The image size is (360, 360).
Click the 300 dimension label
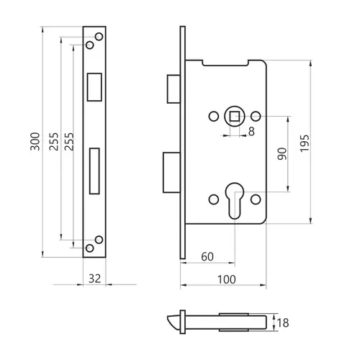coord(35,141)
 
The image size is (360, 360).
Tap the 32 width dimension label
coord(95,279)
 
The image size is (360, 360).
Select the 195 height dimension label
coord(305,143)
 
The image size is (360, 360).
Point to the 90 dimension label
coord(282,154)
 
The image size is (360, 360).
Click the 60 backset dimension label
coord(207,257)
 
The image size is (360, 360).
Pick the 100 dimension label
coord(227,279)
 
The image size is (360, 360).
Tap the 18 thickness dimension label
coord(283,323)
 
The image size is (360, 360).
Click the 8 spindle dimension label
coord(251,132)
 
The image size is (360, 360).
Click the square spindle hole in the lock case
coord(235,117)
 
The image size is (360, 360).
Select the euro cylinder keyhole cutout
coord(235,201)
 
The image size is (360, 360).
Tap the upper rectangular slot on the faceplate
coord(94,87)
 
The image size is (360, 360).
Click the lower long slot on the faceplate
coord(94,171)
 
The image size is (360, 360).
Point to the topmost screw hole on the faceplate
coord(99,37)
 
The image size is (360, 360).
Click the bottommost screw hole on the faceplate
coord(90,248)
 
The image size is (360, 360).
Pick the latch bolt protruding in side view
coord(174,89)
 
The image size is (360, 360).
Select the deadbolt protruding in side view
coord(171,173)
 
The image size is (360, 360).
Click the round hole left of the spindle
coord(214,117)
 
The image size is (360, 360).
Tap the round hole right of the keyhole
coord(256,199)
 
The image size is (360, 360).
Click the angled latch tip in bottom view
coord(174,323)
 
